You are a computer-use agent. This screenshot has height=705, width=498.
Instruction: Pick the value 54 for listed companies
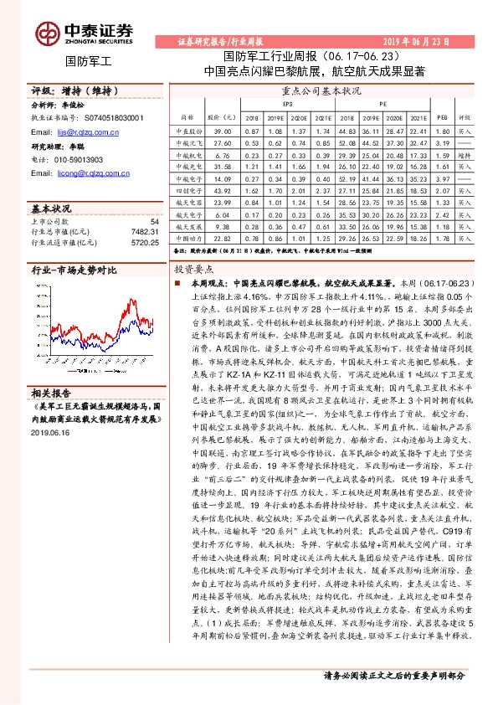click(x=154, y=221)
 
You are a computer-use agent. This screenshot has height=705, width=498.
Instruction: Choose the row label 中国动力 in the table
click(x=188, y=238)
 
